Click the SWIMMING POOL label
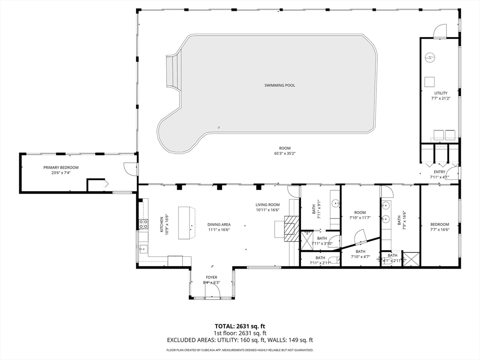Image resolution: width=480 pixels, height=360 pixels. pos(279,85)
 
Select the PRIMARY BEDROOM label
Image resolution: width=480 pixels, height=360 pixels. pos(61,167)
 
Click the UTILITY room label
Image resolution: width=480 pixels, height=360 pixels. pos(441,93)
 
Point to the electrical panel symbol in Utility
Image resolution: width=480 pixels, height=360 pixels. pos(430,57)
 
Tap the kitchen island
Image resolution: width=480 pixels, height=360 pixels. pos(187,223)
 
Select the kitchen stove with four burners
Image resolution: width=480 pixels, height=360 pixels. pos(143,224)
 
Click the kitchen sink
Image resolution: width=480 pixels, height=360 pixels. pos(143,249)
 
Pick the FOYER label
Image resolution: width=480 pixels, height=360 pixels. pos(211,277)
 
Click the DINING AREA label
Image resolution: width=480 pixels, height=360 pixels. pos(219,225)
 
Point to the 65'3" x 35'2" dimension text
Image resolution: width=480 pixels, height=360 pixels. pos(285,153)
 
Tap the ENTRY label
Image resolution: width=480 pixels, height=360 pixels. pos(439,172)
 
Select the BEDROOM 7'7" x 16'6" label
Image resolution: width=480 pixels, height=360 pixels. pos(440,227)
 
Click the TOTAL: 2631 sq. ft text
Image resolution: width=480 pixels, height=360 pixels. pos(238,326)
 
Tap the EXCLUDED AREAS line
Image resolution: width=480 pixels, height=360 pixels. pos(240,340)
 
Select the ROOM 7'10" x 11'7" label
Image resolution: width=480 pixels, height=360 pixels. pos(360,215)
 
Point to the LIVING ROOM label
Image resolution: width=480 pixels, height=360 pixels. pos(268,205)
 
